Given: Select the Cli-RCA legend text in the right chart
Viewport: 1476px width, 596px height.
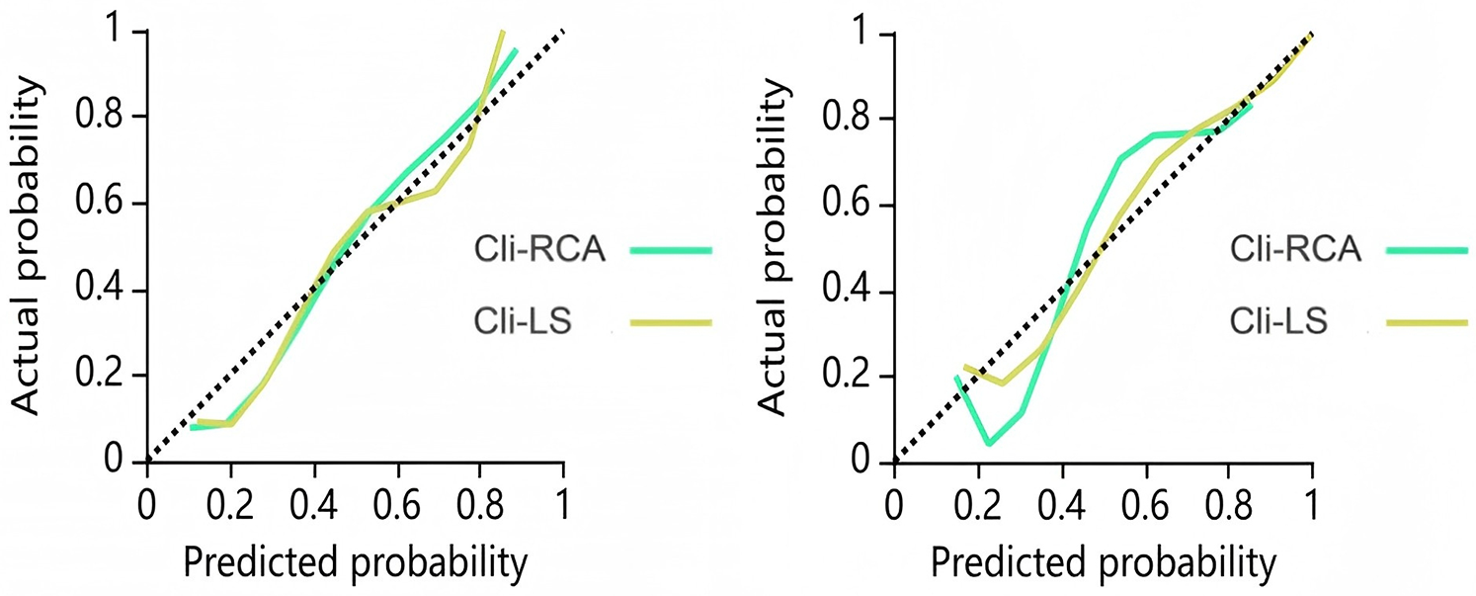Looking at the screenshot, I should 1296,249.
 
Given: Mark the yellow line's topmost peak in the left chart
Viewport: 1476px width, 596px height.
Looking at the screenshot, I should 503,33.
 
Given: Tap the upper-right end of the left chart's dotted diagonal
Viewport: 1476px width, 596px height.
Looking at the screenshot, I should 563,32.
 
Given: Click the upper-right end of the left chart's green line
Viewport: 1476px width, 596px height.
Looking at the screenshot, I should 516,49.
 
